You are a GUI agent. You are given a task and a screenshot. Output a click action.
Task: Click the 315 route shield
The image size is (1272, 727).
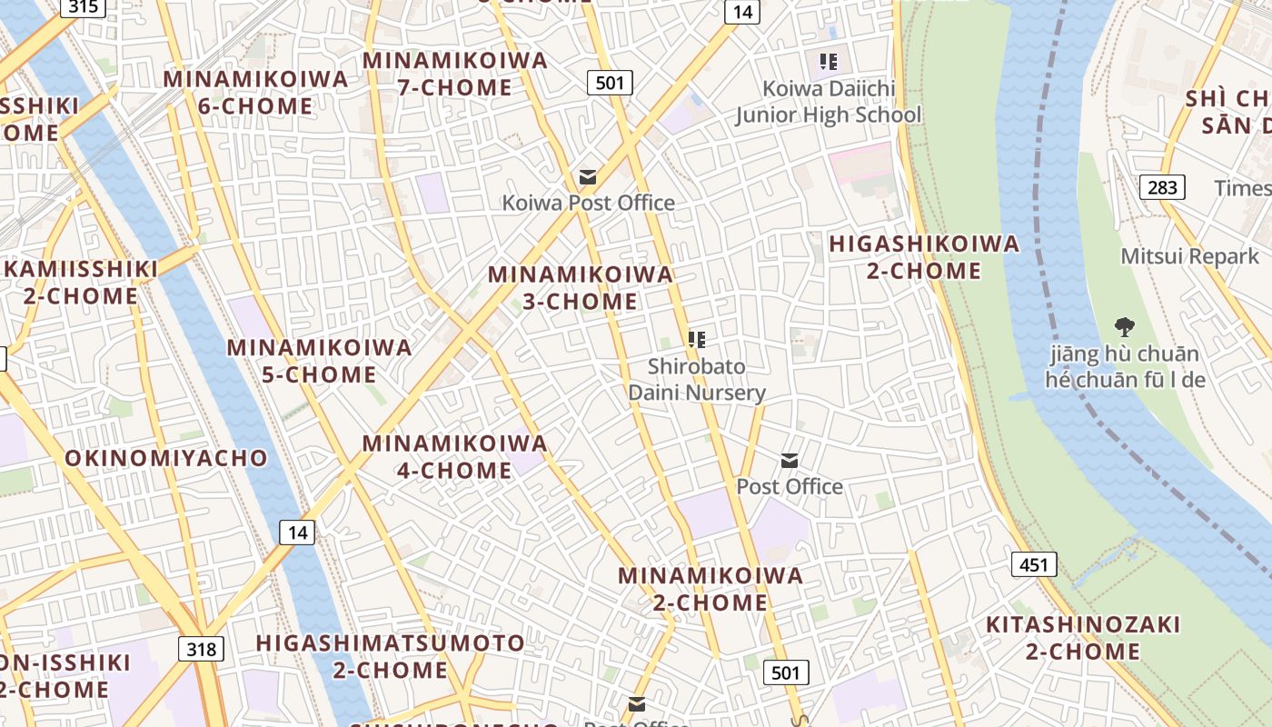pyautogui.click(x=83, y=6)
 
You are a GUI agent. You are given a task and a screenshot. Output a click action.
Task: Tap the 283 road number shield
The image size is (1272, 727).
pyautogui.click(x=1161, y=187)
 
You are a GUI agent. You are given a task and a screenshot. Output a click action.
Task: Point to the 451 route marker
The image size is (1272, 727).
pyautogui.click(x=1033, y=564)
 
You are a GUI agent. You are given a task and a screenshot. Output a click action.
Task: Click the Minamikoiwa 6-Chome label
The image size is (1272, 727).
pyautogui.click(x=255, y=92)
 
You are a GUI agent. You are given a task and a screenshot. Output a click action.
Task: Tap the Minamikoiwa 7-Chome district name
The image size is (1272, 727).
pyautogui.click(x=455, y=74)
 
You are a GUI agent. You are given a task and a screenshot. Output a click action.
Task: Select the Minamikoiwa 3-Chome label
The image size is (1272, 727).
pyautogui.click(x=581, y=287)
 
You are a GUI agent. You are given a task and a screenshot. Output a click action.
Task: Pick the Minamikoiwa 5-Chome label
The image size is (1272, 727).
pyautogui.click(x=319, y=360)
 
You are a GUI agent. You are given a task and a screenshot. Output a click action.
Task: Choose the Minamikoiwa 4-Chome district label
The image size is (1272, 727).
pyautogui.click(x=455, y=456)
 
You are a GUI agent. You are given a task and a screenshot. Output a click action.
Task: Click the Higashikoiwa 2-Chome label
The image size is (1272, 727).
pyautogui.click(x=924, y=257)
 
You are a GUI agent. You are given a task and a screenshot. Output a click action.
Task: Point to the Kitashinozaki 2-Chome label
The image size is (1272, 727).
pyautogui.click(x=1083, y=637)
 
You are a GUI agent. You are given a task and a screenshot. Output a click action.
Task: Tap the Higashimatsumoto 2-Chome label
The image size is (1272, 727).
pyautogui.click(x=390, y=656)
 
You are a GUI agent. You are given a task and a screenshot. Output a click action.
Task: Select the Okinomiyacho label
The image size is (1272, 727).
pyautogui.click(x=166, y=457)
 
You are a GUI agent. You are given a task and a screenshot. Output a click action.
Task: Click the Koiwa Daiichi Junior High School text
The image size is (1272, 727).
pyautogui.click(x=828, y=102)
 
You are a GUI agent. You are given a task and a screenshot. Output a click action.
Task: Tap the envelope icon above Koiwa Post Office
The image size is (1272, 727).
pyautogui.click(x=588, y=176)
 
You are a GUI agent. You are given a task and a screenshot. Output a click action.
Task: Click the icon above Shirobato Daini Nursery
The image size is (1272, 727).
pyautogui.click(x=697, y=340)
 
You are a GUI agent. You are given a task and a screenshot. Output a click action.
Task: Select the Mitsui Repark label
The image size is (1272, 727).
pyautogui.click(x=1189, y=255)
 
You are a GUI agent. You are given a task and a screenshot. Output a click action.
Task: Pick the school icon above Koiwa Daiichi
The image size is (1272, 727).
pyautogui.click(x=828, y=62)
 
